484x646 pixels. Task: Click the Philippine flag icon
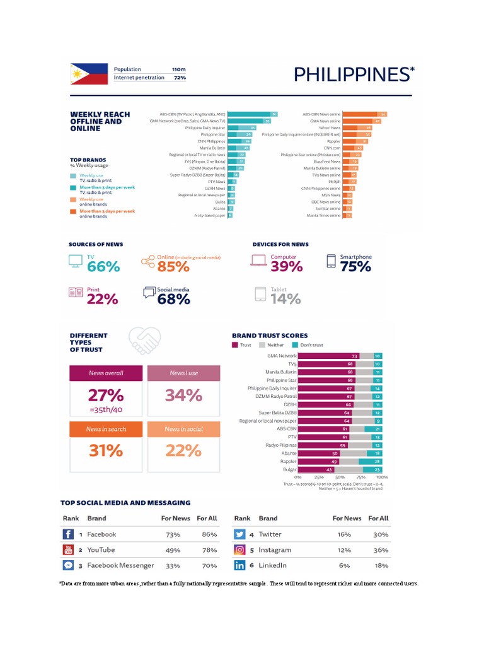coord(86,74)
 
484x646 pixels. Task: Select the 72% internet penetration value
coord(180,78)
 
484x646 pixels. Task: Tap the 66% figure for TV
coord(103,267)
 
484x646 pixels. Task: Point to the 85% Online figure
coord(173,267)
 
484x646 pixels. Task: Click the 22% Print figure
coord(102,300)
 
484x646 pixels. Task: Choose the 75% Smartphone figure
coord(355,267)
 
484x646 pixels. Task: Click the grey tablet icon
coord(260,294)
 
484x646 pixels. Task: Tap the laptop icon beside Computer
coord(258,261)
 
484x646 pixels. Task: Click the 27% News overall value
coord(105,396)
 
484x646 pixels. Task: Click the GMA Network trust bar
coord(328,356)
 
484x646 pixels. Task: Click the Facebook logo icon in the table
coord(68,534)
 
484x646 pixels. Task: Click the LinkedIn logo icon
coord(239,566)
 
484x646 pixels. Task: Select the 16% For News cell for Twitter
coord(344,534)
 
